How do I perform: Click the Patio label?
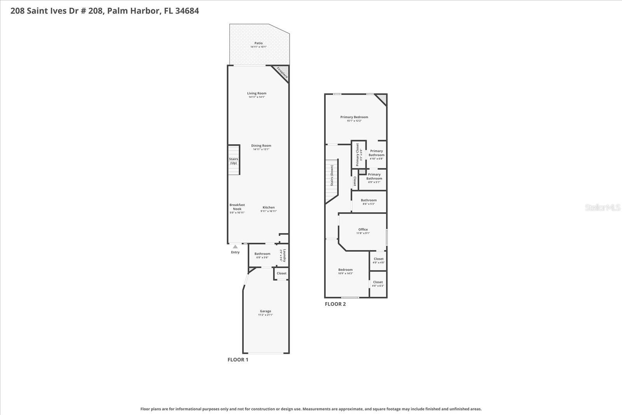pos(259,43)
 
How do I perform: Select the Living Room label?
pos(257,93)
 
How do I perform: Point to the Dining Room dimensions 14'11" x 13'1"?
pos(261,149)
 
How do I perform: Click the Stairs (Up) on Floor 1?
pos(233,160)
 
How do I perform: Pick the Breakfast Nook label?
pos(237,207)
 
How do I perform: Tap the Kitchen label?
pos(268,207)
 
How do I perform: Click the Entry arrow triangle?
pos(235,247)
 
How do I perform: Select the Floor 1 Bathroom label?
pos(262,254)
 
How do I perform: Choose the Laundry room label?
pos(285,256)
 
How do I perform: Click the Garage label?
pos(266,311)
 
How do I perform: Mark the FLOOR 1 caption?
pos(238,360)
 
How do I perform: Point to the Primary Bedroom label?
pos(354,117)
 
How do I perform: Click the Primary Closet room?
pos(358,154)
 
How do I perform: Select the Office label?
pos(363,229)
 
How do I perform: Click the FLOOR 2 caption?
pos(335,304)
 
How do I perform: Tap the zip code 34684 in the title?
pos(187,11)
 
